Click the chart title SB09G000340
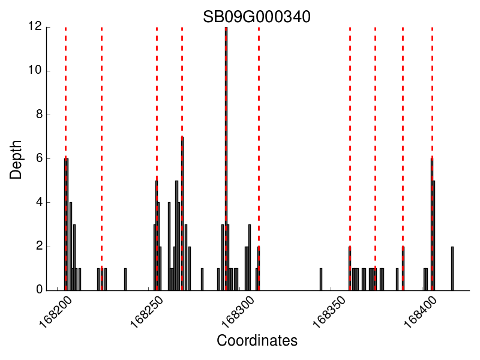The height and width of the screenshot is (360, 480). pyautogui.click(x=256, y=17)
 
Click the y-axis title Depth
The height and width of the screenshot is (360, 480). pyautogui.click(x=16, y=159)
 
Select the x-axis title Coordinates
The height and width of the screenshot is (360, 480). pyautogui.click(x=257, y=341)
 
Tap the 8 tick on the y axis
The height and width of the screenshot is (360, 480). pyautogui.click(x=38, y=115)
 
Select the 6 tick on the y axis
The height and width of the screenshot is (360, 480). pyautogui.click(x=38, y=158)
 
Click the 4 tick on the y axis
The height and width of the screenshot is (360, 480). pyautogui.click(x=38, y=202)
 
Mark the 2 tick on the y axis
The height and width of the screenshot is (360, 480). pyautogui.click(x=38, y=246)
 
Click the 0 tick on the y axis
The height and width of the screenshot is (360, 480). pyautogui.click(x=38, y=290)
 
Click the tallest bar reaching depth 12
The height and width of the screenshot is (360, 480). pyautogui.click(x=226, y=159)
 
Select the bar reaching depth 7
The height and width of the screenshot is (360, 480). pyautogui.click(x=182, y=213)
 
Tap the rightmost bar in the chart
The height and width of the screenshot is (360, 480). pyautogui.click(x=452, y=268)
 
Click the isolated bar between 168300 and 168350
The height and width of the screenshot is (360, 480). pyautogui.click(x=321, y=279)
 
